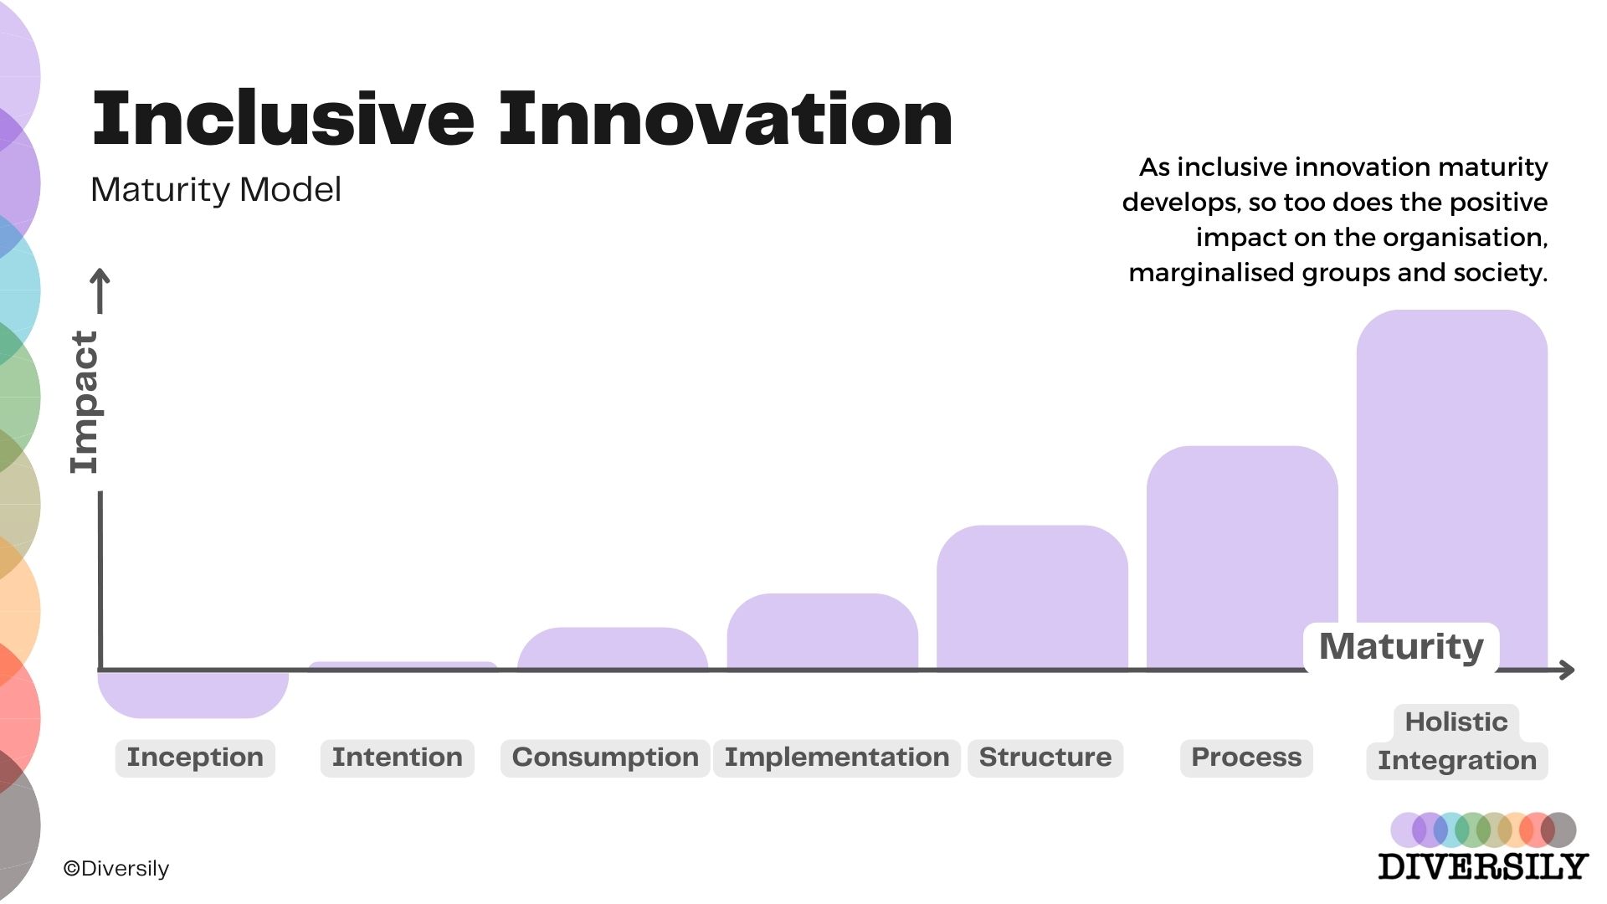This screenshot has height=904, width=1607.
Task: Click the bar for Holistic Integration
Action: [x=1451, y=469]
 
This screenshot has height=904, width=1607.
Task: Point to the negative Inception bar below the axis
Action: [x=193, y=694]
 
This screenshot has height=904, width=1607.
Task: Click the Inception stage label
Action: [x=195, y=758]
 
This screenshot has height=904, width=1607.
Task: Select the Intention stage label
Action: [x=397, y=758]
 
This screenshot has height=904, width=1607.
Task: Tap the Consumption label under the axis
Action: [x=605, y=758]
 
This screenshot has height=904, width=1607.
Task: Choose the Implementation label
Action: [x=836, y=758]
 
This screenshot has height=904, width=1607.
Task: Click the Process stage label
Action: [x=1246, y=758]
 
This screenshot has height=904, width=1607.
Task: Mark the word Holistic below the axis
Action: [x=1456, y=722]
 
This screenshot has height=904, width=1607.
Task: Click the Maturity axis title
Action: [x=1401, y=647]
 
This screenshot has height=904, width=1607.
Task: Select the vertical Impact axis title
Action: [x=85, y=402]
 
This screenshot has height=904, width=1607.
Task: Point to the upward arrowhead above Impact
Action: [x=100, y=276]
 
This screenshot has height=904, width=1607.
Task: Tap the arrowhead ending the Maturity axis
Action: [x=1568, y=670]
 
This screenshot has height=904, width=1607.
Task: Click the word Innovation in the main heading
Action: [x=725, y=119]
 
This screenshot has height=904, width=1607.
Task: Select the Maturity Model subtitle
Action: [x=216, y=190]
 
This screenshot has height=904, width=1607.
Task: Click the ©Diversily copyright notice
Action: [x=116, y=869]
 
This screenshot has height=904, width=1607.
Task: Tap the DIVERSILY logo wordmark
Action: [x=1482, y=866]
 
